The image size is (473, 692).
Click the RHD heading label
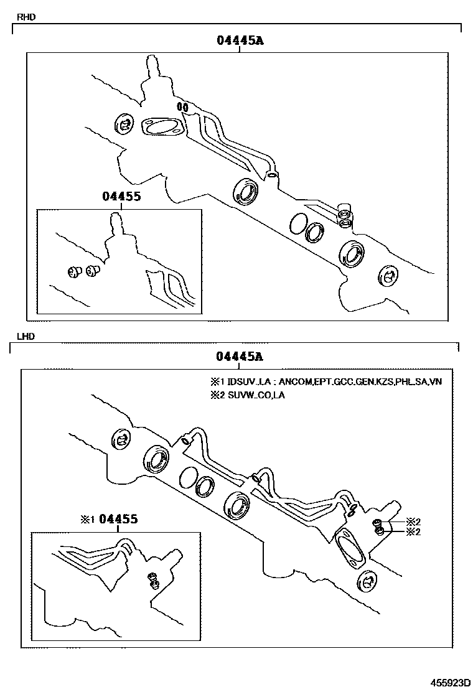(26, 17)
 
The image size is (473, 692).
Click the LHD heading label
(26, 336)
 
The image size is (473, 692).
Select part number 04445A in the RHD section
(240, 40)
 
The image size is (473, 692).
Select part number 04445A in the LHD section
(240, 356)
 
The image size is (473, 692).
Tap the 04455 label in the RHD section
(121, 196)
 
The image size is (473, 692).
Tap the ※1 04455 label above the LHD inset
(109, 519)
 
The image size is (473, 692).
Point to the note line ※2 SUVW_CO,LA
(248, 395)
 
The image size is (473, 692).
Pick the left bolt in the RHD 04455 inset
(73, 272)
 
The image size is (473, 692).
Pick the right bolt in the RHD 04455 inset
(93, 271)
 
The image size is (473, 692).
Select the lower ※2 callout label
(413, 532)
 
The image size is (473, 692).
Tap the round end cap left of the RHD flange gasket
(124, 124)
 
